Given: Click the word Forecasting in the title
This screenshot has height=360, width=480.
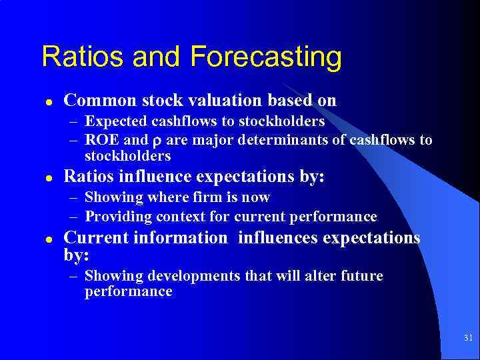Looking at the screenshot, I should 266,57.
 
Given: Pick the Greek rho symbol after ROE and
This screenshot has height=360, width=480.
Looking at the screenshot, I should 157,141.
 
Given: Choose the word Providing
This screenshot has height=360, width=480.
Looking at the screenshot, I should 118,217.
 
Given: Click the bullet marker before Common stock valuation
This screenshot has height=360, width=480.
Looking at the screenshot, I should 49,102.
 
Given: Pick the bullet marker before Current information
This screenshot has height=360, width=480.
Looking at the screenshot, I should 49,239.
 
